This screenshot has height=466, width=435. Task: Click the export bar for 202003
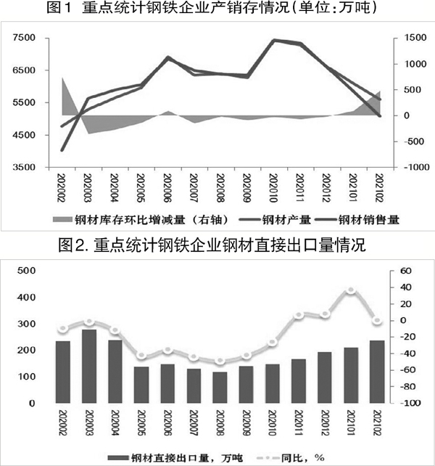click(89, 367)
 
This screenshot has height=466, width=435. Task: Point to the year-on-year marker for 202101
click(350, 290)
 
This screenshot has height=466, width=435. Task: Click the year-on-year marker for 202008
click(220, 361)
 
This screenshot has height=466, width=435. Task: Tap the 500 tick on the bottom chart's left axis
click(25, 271)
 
